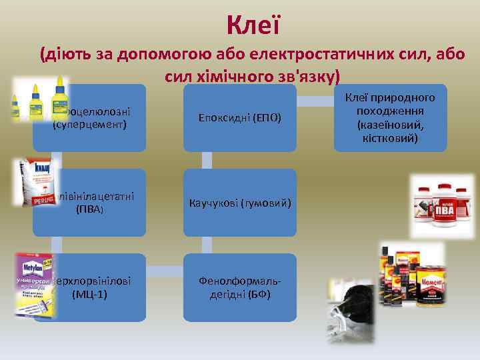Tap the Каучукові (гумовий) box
[239, 202]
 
